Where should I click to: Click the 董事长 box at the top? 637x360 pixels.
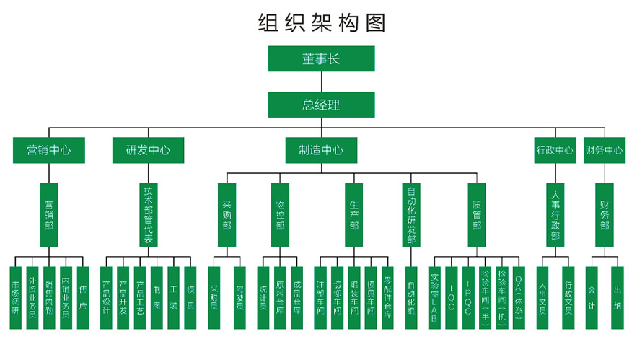point(321,59)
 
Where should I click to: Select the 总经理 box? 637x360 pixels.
point(321,104)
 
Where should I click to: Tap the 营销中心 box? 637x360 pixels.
point(49,150)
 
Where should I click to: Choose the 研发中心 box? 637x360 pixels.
point(148,150)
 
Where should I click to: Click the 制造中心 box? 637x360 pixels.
point(321,150)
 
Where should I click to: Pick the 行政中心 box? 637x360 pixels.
point(555,150)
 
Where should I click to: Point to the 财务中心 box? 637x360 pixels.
point(604,150)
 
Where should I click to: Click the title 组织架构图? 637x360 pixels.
point(321,22)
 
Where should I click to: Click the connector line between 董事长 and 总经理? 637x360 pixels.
point(321,82)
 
